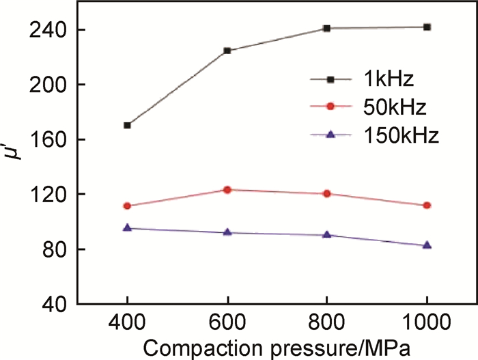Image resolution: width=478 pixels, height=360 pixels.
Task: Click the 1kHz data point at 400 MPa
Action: [127, 126]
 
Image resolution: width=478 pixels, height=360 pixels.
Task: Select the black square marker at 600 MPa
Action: [227, 51]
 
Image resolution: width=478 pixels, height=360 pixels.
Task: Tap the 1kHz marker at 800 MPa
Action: [327, 28]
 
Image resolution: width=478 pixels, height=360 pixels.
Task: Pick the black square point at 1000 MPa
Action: [427, 27]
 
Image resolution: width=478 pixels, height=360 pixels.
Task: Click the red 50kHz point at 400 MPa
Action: [127, 206]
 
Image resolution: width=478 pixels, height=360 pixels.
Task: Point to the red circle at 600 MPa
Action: [227, 189]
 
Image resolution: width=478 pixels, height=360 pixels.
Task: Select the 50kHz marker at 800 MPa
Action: [327, 193]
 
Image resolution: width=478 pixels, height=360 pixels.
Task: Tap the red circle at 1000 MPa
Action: [427, 205]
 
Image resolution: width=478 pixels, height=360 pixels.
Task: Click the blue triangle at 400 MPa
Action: [127, 228]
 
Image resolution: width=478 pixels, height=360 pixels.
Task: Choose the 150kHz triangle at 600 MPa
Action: [227, 232]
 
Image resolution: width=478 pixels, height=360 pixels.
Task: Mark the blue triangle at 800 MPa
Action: [327, 234]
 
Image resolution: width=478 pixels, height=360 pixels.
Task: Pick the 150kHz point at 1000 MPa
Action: [427, 245]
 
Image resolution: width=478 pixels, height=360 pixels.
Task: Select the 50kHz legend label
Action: [395, 107]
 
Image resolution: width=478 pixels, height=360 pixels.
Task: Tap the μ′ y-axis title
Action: [16, 166]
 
